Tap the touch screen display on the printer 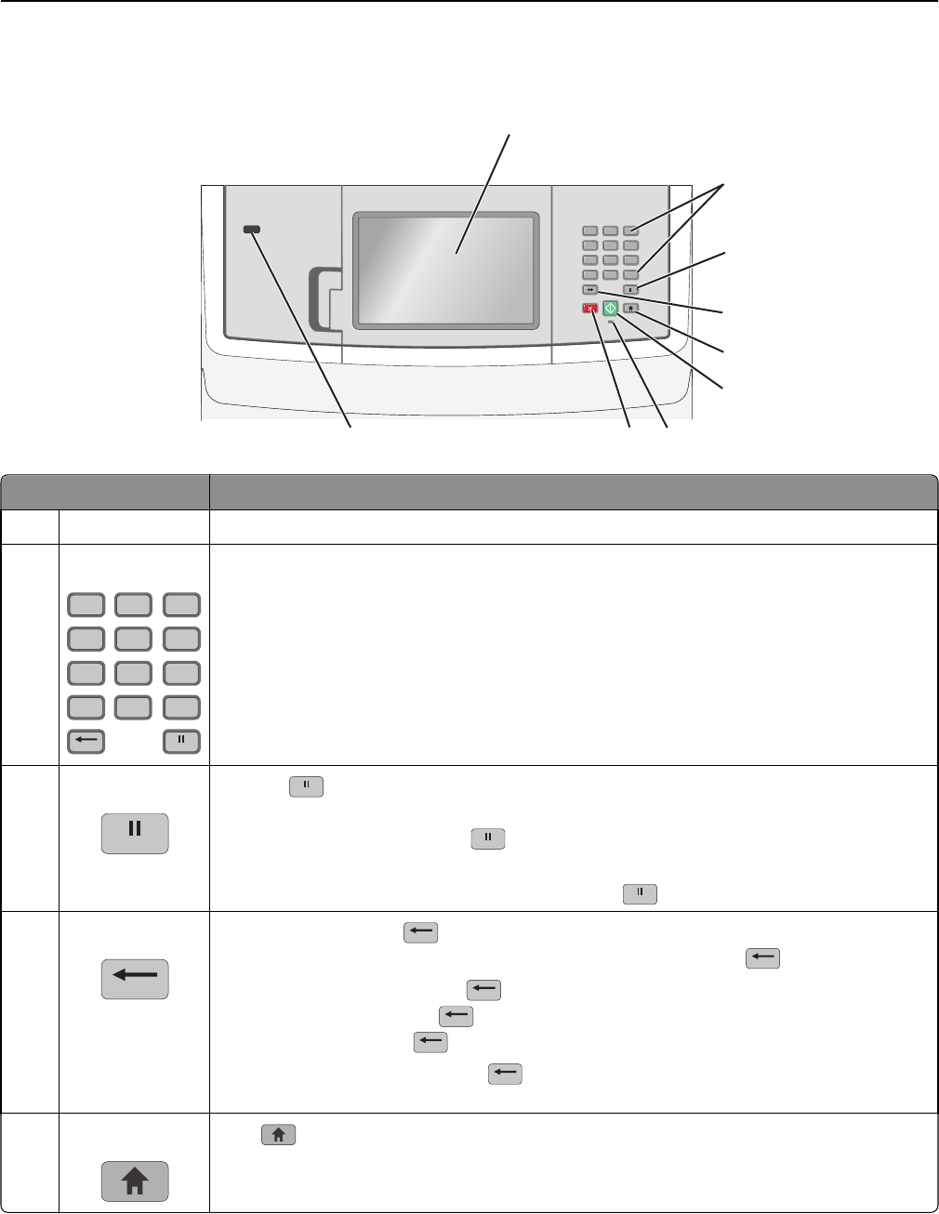pos(446,270)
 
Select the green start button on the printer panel pos(610,308)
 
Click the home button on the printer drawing pos(631,307)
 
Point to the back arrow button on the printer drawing pos(589,290)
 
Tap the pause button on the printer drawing pos(631,290)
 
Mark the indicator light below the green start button pos(611,322)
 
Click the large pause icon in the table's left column pos(135,833)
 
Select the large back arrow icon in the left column pos(135,979)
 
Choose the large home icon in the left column pos(135,1181)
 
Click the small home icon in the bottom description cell pos(279,1134)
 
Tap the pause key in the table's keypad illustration pos(182,741)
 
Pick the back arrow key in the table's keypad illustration pos(86,741)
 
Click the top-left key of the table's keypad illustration pos(86,605)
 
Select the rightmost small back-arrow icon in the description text pos(761,958)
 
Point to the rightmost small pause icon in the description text pos(641,893)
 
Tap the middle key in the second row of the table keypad pos(134,639)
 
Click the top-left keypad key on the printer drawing pos(589,231)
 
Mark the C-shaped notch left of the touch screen pos(321,298)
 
